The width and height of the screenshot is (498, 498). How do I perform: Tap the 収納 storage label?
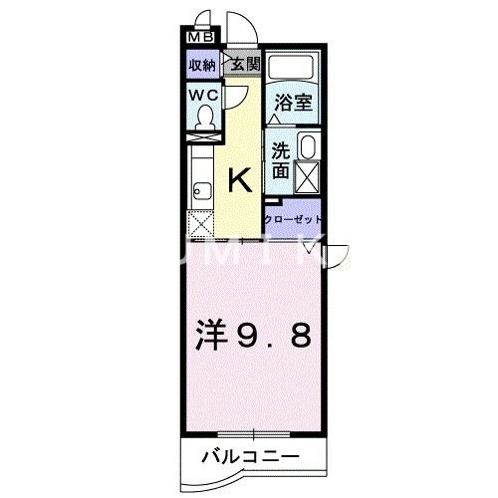203,66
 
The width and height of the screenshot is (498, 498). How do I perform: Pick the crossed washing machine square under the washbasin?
307,179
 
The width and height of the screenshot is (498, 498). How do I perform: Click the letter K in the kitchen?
240,180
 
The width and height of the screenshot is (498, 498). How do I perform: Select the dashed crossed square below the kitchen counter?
199,222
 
